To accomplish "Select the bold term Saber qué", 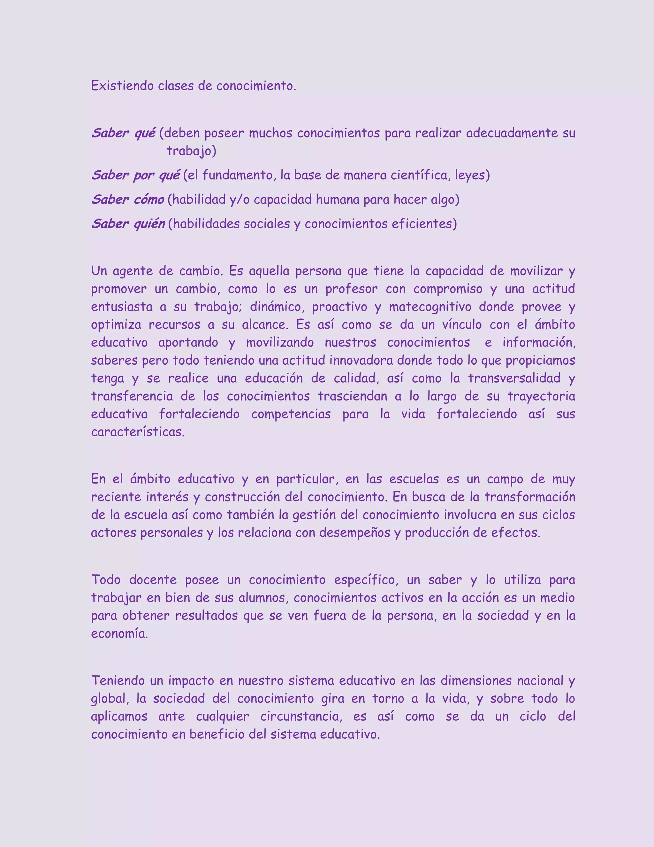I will (x=124, y=133).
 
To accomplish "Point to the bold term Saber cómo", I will (x=128, y=200).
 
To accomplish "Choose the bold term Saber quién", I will (x=128, y=224).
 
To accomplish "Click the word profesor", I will (x=351, y=289).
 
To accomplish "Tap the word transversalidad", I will (x=514, y=378).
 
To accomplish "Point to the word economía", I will (x=119, y=633).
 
